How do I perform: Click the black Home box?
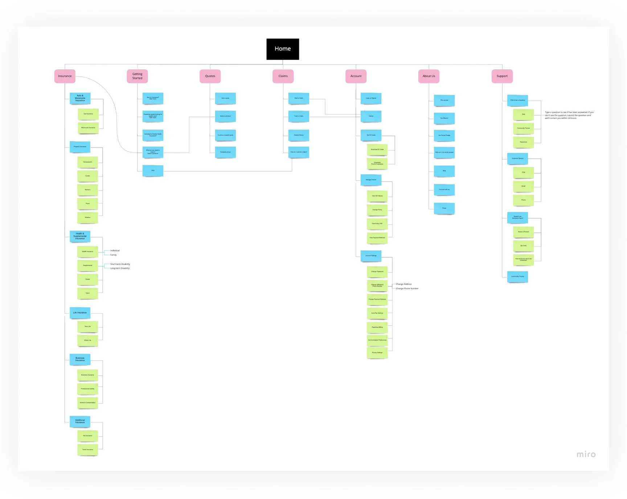(x=283, y=49)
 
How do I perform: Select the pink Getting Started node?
(x=137, y=76)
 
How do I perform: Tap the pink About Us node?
(x=429, y=76)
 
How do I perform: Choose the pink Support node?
(x=502, y=76)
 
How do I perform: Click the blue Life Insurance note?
(x=80, y=312)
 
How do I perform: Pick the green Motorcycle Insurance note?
(x=88, y=127)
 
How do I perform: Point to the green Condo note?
(x=87, y=176)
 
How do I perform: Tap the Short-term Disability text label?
(x=120, y=264)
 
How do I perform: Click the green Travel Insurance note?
(x=87, y=450)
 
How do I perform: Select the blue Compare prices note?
(x=225, y=152)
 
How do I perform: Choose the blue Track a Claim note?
(x=299, y=116)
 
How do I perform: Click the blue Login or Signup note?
(x=371, y=98)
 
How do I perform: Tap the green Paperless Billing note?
(x=377, y=327)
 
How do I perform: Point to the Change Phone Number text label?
(x=407, y=288)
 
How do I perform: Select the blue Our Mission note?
(x=444, y=118)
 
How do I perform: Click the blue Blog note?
(x=444, y=171)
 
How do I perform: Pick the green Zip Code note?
(x=523, y=246)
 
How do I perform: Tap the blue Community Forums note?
(x=517, y=276)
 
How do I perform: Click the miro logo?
(x=586, y=454)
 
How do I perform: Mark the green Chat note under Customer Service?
(x=523, y=172)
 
